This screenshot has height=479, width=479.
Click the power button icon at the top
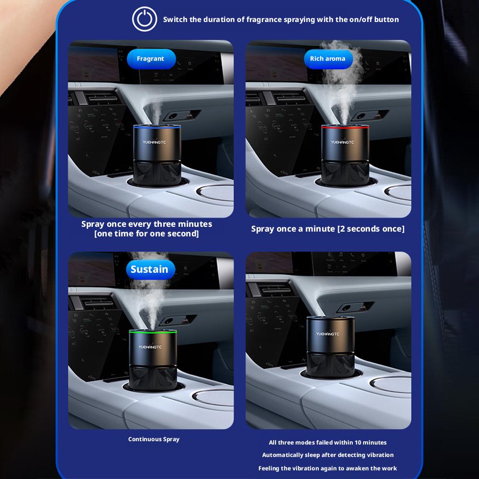point(145,20)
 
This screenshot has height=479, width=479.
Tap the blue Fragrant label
point(150,59)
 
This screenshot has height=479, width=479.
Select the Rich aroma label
point(328,59)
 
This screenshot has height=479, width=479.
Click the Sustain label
point(149,269)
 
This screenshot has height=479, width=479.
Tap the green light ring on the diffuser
point(153,332)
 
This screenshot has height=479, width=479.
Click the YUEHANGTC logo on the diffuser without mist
point(328,334)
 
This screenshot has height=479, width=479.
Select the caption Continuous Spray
point(154,439)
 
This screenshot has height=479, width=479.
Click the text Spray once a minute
point(293,229)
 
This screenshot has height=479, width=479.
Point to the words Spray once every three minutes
point(146,224)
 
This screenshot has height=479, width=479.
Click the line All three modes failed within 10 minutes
point(328,443)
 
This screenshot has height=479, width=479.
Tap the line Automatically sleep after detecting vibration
point(328,455)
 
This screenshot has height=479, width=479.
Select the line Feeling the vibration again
point(328,468)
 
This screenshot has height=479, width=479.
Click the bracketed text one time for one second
point(146,234)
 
